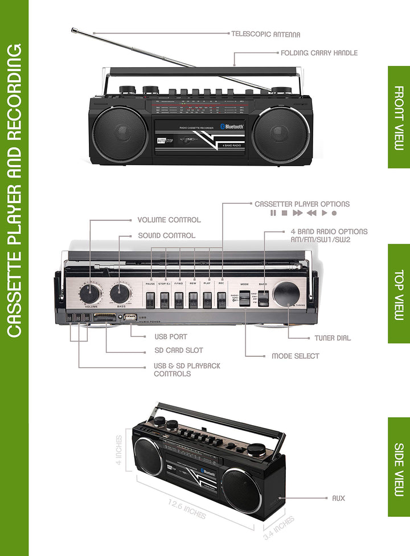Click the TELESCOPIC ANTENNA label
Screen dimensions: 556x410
pos(265,34)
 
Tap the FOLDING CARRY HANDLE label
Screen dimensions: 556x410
pos(319,53)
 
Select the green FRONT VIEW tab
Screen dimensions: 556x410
pos(399,117)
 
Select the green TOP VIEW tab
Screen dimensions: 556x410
pos(399,294)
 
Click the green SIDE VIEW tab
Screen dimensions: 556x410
pos(399,467)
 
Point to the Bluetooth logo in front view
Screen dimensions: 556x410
pos(232,127)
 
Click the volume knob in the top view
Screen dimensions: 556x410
pos(90,294)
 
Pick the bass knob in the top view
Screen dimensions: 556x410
pos(120,294)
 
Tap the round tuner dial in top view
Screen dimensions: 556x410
pos(286,294)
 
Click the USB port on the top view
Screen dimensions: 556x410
pos(130,317)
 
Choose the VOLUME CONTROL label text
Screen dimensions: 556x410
pos(169,220)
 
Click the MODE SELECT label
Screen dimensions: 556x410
pos(295,356)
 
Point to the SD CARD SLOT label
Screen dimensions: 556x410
pos(178,351)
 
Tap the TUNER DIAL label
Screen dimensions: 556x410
pos(333,338)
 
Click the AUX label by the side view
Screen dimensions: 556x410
pos(338,499)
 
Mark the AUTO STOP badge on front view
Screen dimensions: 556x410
pos(164,139)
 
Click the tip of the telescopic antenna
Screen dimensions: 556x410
pos(73,30)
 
